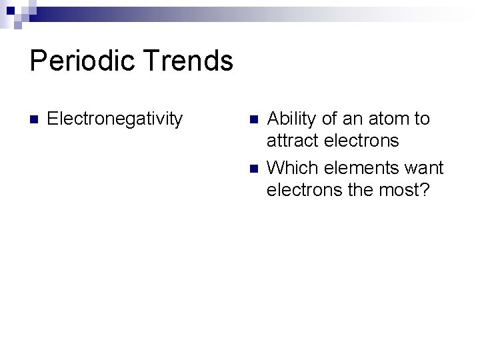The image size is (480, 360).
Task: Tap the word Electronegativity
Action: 115,119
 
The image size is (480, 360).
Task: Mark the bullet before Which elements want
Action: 253,168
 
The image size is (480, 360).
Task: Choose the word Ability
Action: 291,119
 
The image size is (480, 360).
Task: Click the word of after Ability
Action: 329,119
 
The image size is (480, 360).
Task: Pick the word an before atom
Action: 352,119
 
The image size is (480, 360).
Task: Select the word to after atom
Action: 422,119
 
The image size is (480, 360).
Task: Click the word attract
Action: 290,141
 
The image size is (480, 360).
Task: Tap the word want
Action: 423,167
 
